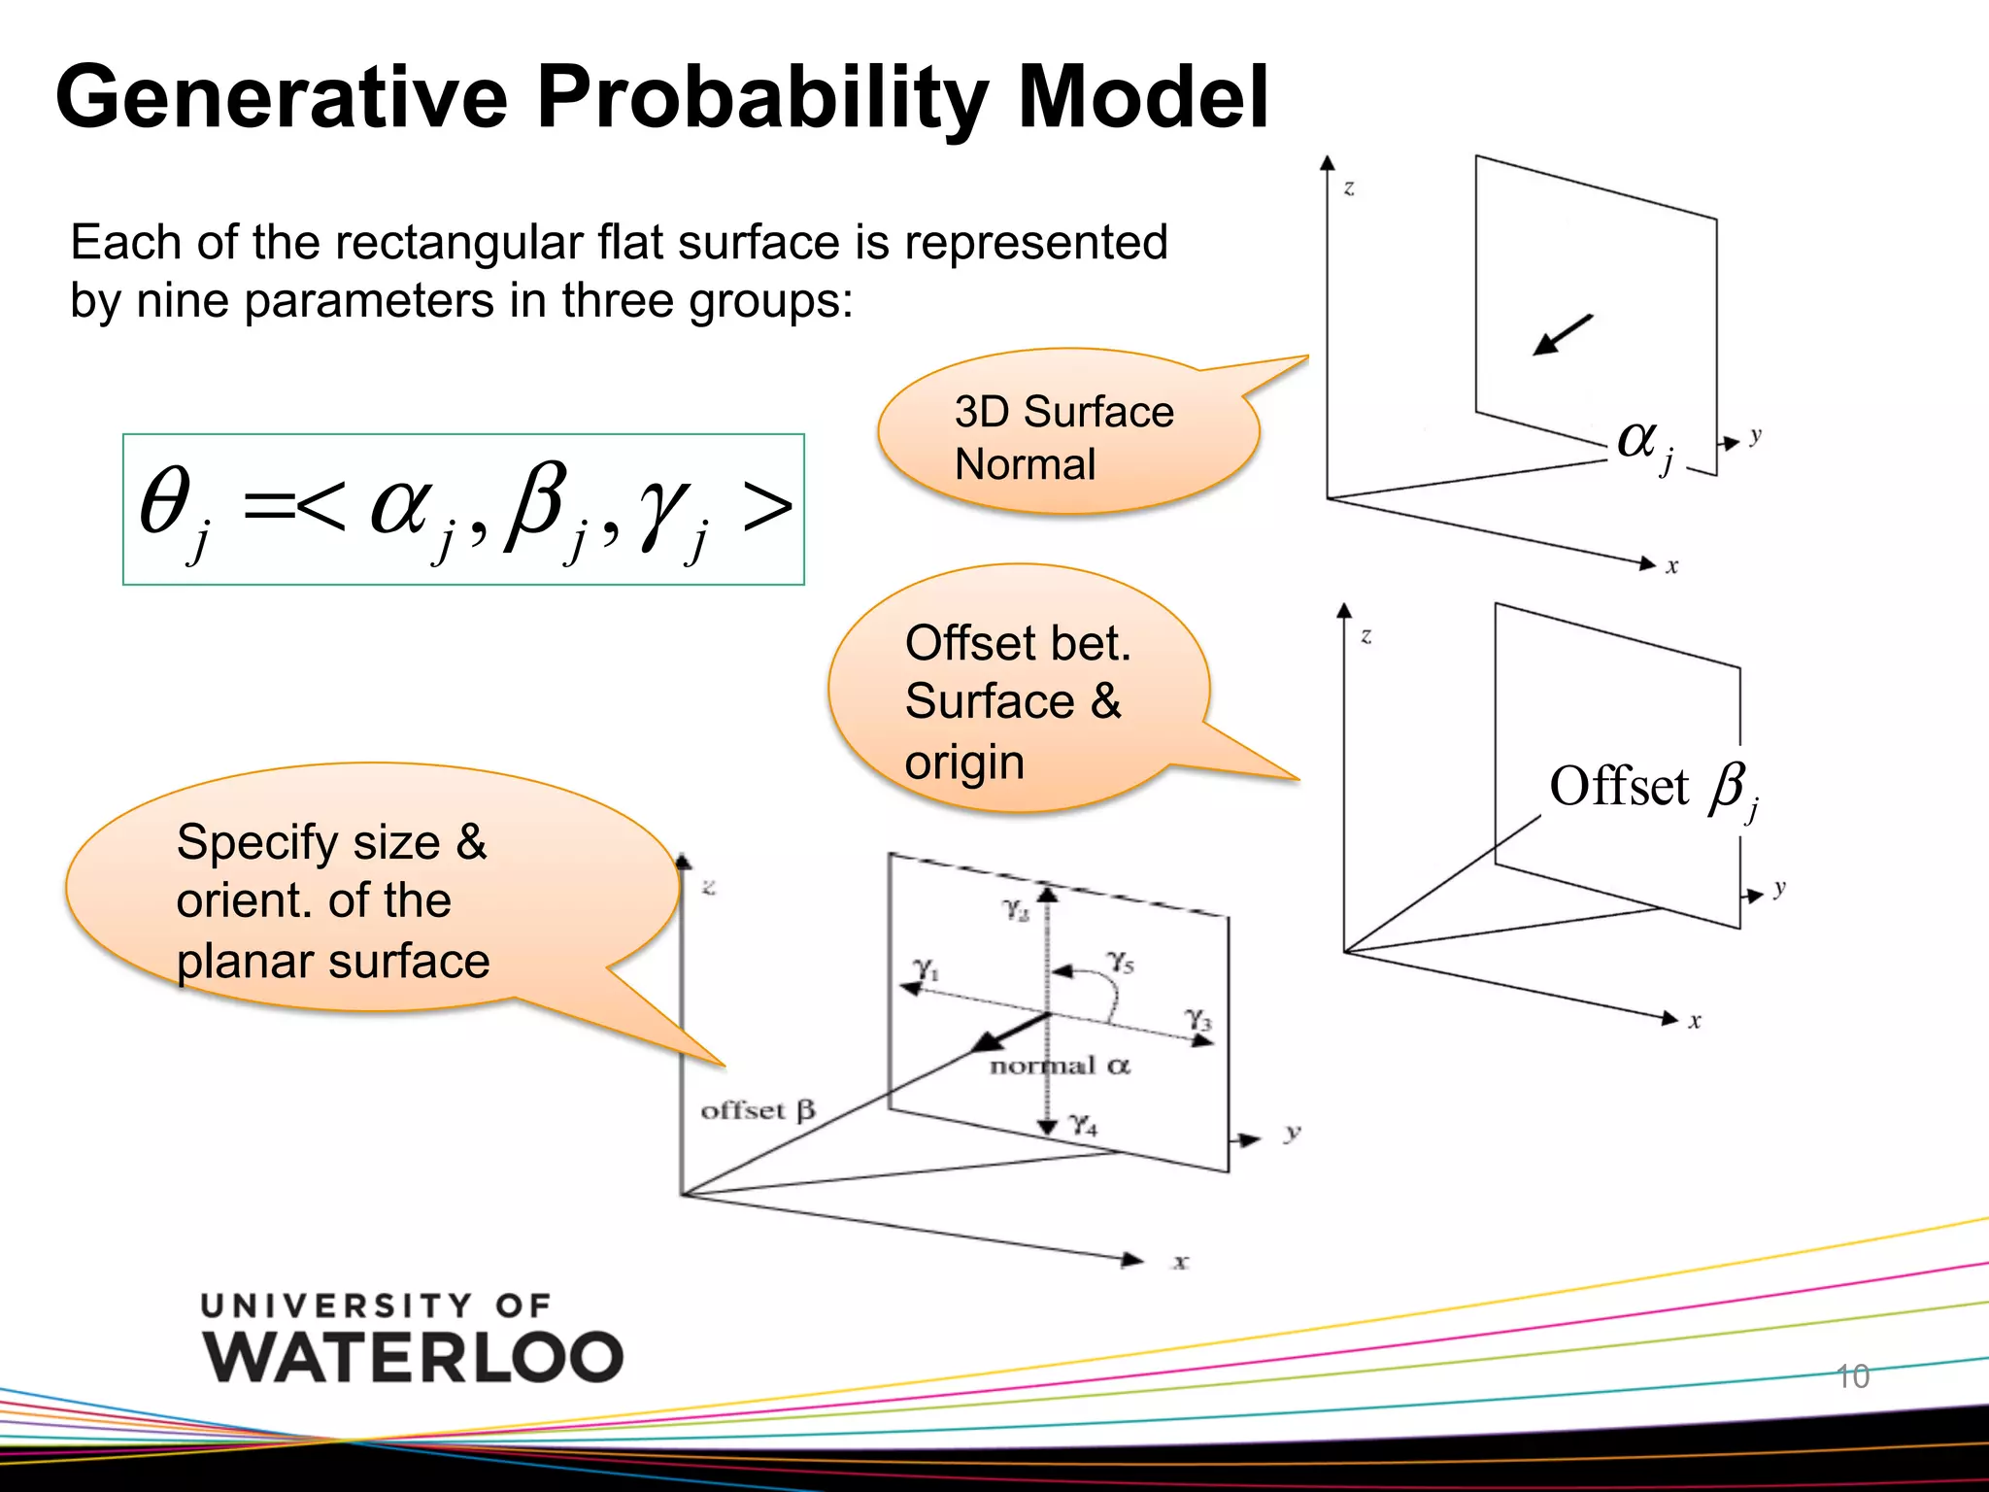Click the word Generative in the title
click(282, 97)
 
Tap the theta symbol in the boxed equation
click(165, 501)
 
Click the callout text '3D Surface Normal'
click(1063, 438)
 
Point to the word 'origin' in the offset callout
click(964, 763)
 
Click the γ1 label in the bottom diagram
click(926, 968)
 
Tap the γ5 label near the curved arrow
click(1121, 962)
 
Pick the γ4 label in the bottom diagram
click(1083, 1126)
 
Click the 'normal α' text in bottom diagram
click(1060, 1066)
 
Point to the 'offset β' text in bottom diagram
click(758, 1109)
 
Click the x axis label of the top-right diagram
click(1671, 567)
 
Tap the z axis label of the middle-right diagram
click(1366, 636)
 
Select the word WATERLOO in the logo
click(413, 1357)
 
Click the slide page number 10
click(1853, 1376)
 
